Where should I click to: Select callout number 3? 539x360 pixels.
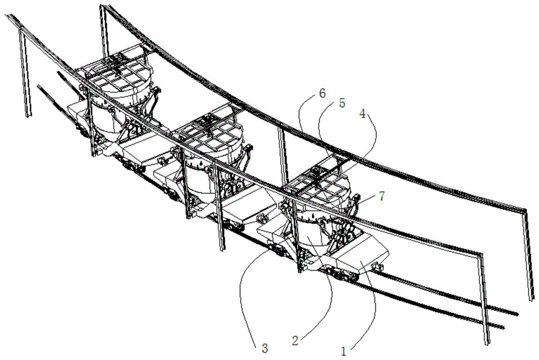point(264,348)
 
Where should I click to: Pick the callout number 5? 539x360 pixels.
point(342,102)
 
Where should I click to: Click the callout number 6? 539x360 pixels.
point(322,93)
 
